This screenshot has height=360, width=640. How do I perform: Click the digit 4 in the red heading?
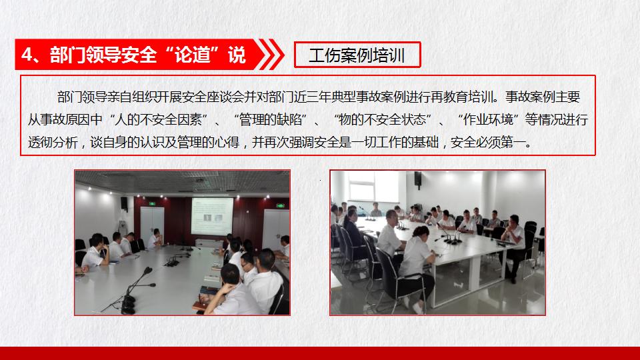(x=27, y=55)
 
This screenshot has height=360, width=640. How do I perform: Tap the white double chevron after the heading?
(x=270, y=54)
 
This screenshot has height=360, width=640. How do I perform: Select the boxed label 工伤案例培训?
(x=357, y=55)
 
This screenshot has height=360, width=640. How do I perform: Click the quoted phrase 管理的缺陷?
(x=270, y=119)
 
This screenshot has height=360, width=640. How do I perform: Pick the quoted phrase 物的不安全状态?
(x=383, y=119)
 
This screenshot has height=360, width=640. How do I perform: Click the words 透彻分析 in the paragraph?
(x=53, y=143)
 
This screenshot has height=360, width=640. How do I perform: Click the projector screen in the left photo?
(x=212, y=216)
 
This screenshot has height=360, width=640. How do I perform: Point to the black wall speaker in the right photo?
(x=417, y=179)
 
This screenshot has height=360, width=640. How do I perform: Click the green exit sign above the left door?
(x=152, y=203)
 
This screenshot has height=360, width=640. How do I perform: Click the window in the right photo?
(x=361, y=186)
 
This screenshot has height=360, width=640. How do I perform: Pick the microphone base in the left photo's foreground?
(x=128, y=305)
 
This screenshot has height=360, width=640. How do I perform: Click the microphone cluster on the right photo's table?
(x=452, y=238)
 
